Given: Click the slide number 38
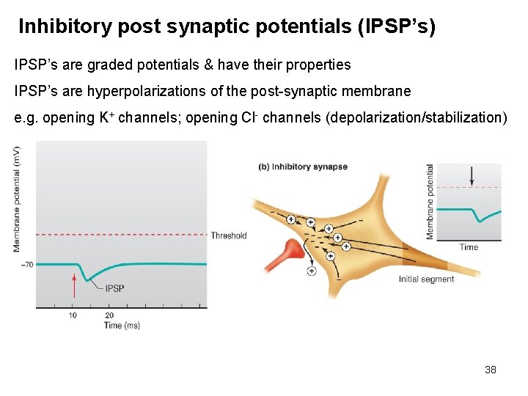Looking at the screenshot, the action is pos(491,370).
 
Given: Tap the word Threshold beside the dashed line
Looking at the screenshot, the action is pos(228,235).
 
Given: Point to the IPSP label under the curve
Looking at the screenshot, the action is pos(114,288).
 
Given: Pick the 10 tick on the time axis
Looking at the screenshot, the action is pos(73,315).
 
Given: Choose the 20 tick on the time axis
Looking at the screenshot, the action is pos(109,315).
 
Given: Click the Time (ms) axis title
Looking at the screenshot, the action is pos(122,325).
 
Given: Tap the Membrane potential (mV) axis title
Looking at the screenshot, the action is pos(17,199).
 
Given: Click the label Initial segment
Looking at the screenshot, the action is pos(426,279).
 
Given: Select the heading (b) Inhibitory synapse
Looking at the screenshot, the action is pos(303,166).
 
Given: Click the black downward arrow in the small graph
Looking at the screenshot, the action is pos(472,175).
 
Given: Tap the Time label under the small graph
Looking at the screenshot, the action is pos(469,247).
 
